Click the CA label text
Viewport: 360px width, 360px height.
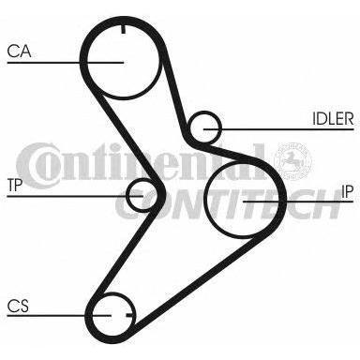(19, 52)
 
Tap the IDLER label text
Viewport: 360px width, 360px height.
(333, 119)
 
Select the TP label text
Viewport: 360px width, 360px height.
(15, 186)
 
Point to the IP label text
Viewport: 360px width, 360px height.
(347, 191)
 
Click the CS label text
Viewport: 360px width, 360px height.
(18, 306)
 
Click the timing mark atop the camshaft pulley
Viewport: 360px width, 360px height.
(123, 30)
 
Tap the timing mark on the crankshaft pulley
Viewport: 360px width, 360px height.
(129, 315)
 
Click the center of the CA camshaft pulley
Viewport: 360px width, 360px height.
(123, 63)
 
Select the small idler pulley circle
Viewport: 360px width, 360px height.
(204, 128)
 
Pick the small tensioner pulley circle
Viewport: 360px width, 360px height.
(142, 196)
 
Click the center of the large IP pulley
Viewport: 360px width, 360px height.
(243, 200)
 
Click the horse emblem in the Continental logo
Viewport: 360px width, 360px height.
(292, 161)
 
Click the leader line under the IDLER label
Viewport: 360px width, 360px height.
(278, 128)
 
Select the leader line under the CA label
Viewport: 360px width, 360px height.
(66, 63)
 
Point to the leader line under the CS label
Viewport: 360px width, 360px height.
(59, 315)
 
